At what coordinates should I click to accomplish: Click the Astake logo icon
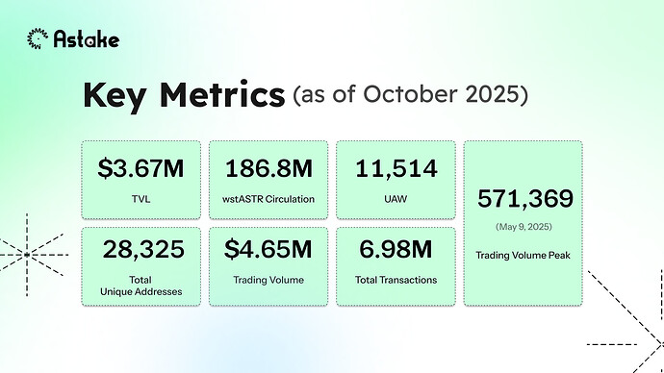38,38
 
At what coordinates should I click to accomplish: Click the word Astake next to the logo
86,39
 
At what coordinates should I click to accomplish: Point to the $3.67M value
141,169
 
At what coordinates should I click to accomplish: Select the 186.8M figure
268,169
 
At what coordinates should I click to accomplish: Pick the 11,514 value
395,169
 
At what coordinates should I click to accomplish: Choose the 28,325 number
141,252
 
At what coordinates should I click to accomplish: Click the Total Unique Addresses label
141,285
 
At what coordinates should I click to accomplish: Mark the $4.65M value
268,252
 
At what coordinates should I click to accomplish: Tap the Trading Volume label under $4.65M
268,280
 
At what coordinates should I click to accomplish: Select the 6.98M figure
395,252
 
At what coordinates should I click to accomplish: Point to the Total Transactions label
395,280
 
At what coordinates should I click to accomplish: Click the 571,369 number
524,199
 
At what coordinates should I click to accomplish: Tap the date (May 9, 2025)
524,229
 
